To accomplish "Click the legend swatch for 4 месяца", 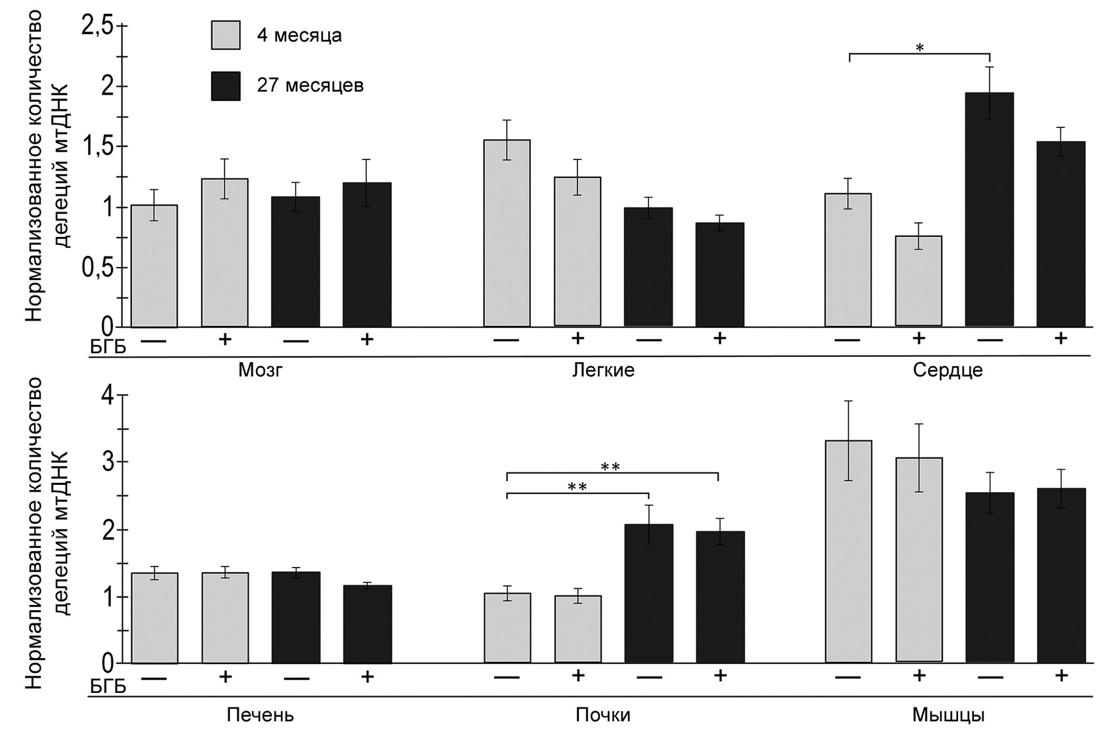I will [225, 35].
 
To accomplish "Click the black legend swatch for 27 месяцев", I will [225, 86].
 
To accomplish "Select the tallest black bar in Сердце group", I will [989, 210].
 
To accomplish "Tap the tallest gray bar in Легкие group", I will [507, 233].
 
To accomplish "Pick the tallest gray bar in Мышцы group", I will [848, 551].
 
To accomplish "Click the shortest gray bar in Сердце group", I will [918, 281].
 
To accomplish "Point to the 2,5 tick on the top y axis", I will [122, 26].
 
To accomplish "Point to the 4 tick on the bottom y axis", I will [122, 396].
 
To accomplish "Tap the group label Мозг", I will [261, 371].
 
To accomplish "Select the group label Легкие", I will [603, 371].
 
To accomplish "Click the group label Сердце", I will [947, 371].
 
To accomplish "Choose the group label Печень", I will [260, 715].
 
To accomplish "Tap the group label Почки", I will [602, 715].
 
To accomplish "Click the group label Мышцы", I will [948, 715].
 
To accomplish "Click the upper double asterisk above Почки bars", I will [610, 467].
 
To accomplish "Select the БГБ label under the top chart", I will [107, 347].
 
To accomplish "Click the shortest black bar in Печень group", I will [367, 624].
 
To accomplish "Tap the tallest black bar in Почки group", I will [648, 594].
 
